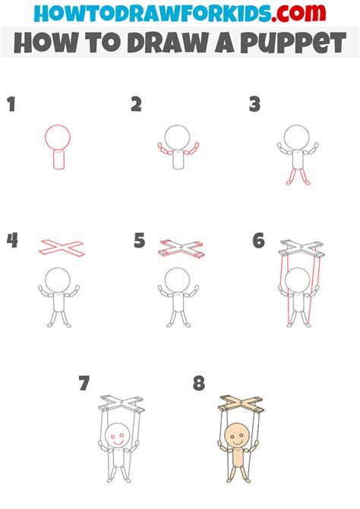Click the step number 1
point(11,106)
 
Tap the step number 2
point(136,106)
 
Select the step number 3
point(256,106)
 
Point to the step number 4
point(12,242)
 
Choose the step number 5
point(139,242)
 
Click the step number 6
point(259,242)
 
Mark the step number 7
point(84,384)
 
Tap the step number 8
point(199,384)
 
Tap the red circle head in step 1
point(58,138)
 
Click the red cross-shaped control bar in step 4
point(62,246)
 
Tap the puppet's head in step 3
point(296,138)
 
